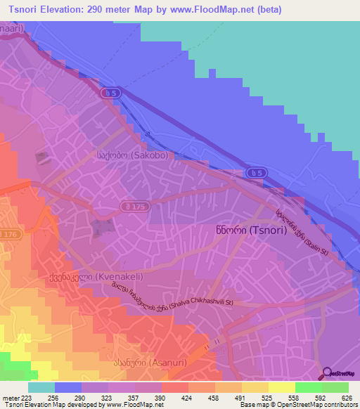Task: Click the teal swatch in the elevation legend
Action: pos(41,387)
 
